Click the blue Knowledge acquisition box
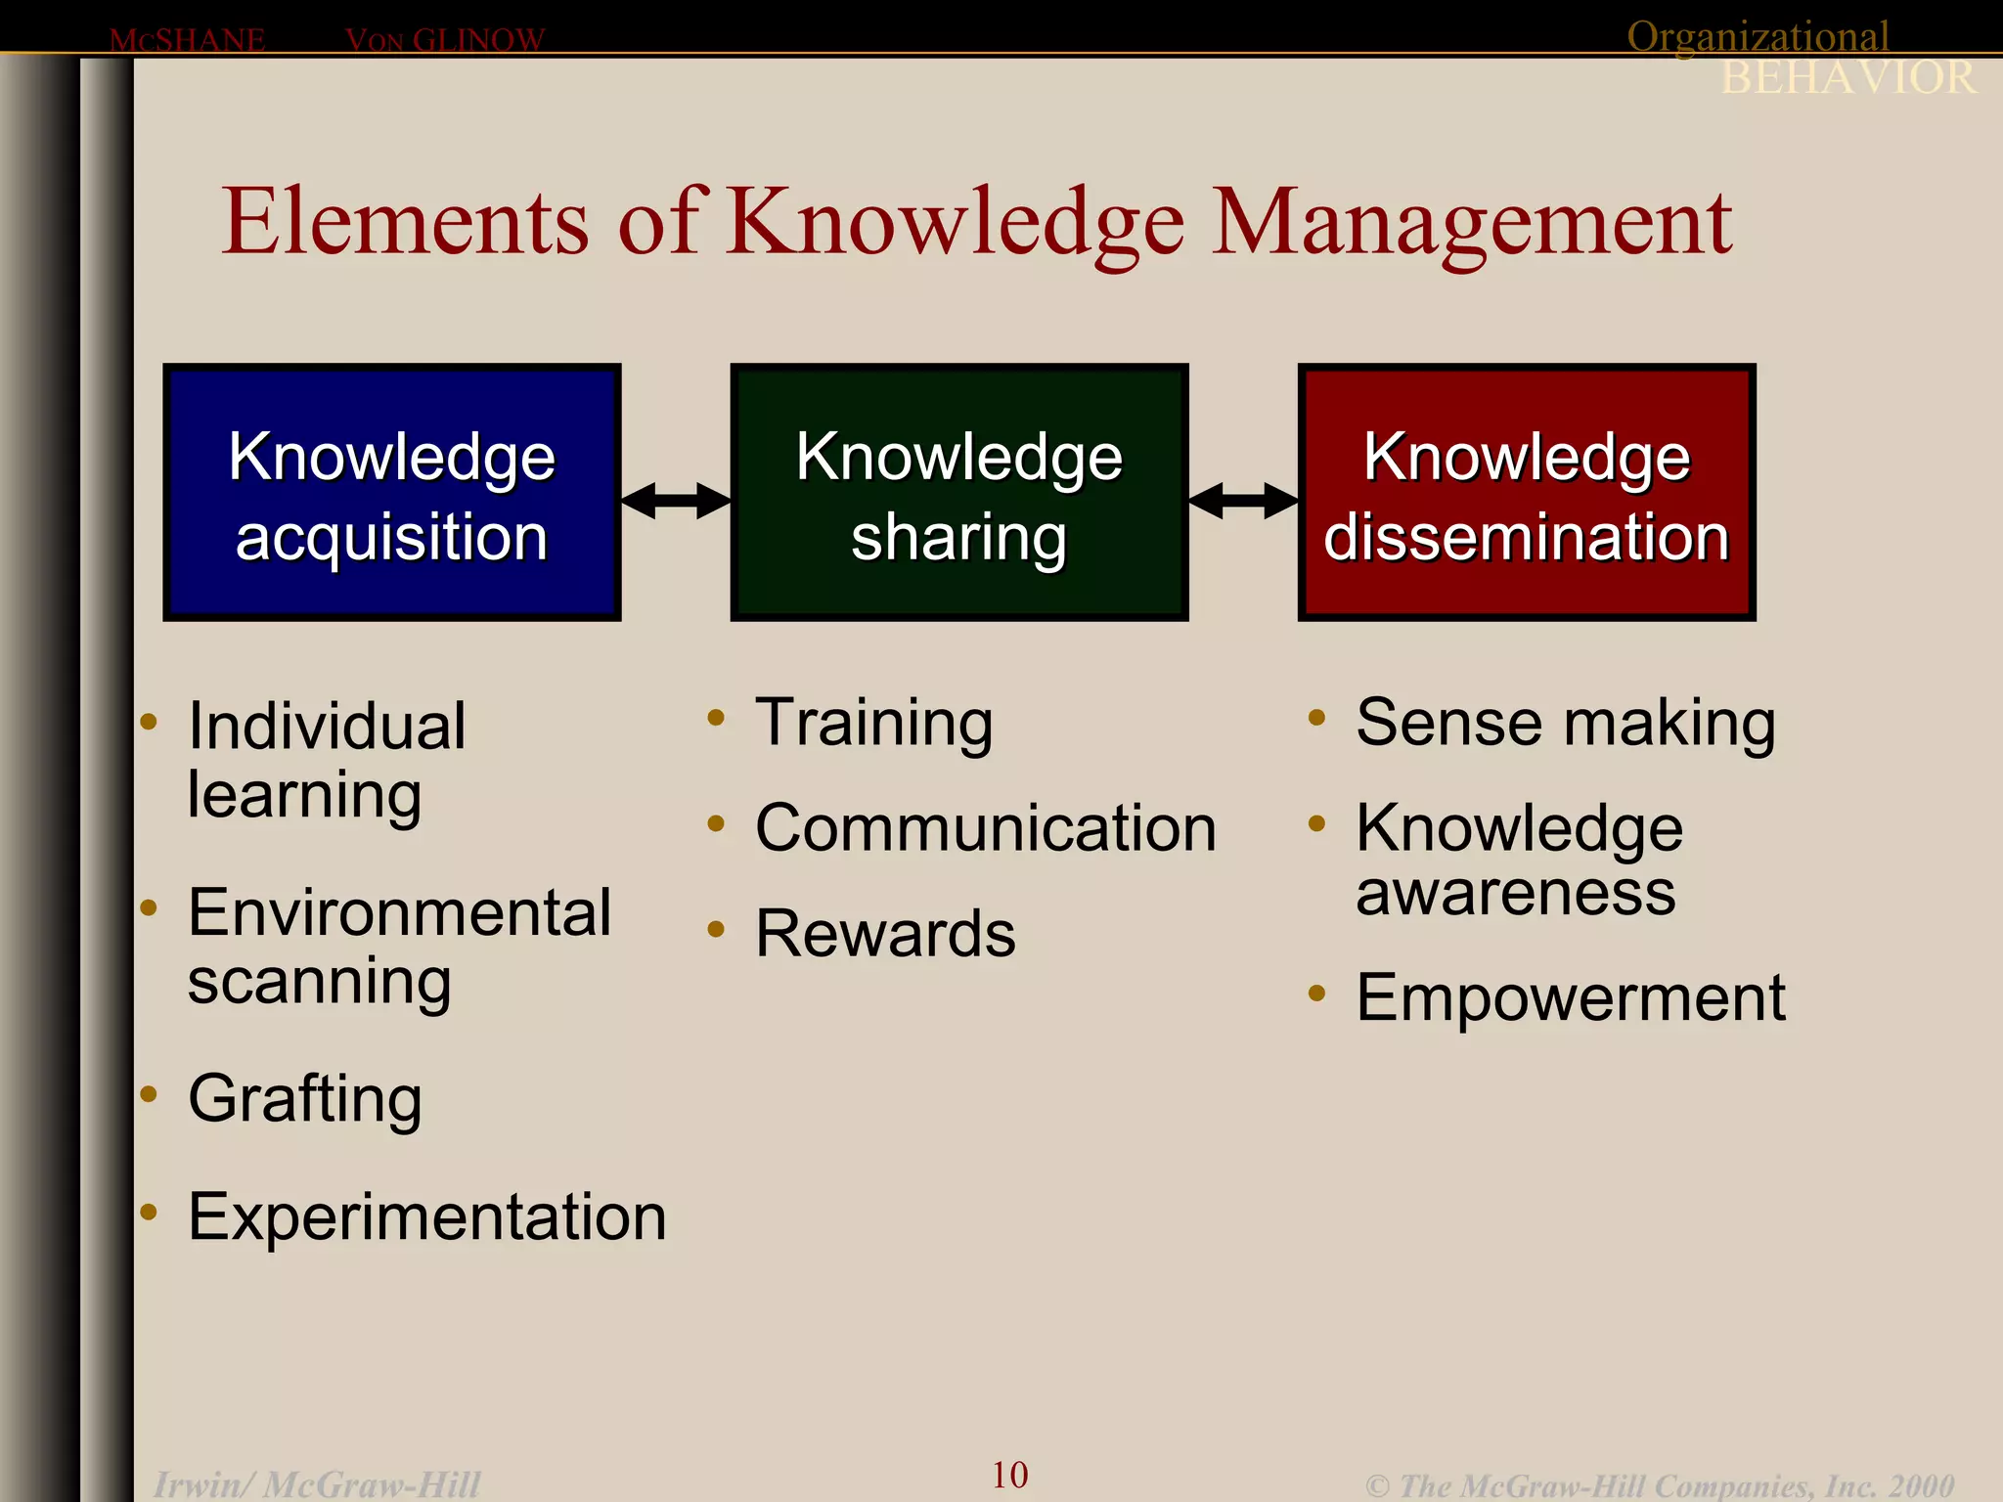(x=391, y=493)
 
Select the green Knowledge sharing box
(x=958, y=493)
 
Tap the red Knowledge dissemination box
(x=1526, y=493)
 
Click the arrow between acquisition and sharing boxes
(x=676, y=501)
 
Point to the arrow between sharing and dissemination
(x=1243, y=501)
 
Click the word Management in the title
(x=1472, y=223)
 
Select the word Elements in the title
(x=406, y=223)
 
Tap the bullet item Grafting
(x=304, y=1099)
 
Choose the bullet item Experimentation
(x=426, y=1217)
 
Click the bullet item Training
(x=873, y=724)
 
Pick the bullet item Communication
(x=985, y=829)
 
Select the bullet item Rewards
(x=885, y=934)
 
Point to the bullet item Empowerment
(x=1570, y=998)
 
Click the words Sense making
(x=1565, y=724)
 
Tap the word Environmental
(x=399, y=913)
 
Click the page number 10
(x=1009, y=1475)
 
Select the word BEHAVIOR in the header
(x=1847, y=78)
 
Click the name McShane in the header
(x=187, y=40)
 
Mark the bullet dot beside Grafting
(x=149, y=1093)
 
